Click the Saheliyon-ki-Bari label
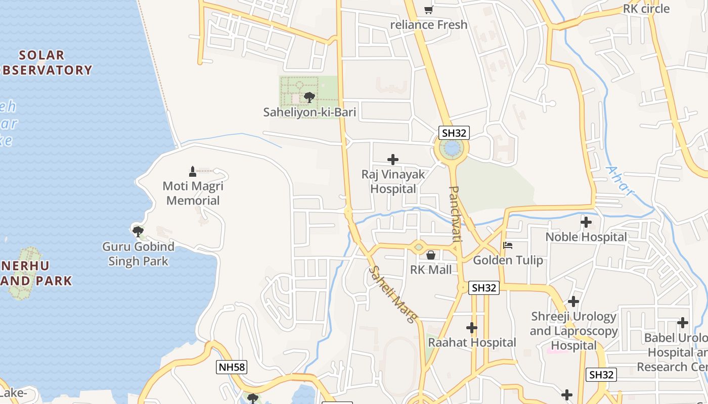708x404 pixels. point(309,112)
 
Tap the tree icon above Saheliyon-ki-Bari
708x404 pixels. point(309,96)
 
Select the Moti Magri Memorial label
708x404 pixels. point(193,193)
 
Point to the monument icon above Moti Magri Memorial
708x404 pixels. point(192,171)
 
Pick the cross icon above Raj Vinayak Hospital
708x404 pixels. point(392,160)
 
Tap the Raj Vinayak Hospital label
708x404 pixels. point(393,182)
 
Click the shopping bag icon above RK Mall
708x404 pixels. point(431,255)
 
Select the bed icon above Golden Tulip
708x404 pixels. point(508,246)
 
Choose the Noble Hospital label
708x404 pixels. point(586,237)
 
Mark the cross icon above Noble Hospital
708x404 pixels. point(586,222)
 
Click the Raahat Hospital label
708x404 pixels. point(472,342)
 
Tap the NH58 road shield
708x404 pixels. point(232,367)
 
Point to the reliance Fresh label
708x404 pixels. point(429,24)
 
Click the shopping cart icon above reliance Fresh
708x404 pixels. point(428,10)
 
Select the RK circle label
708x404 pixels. point(646,9)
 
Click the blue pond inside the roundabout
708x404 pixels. point(451,148)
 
